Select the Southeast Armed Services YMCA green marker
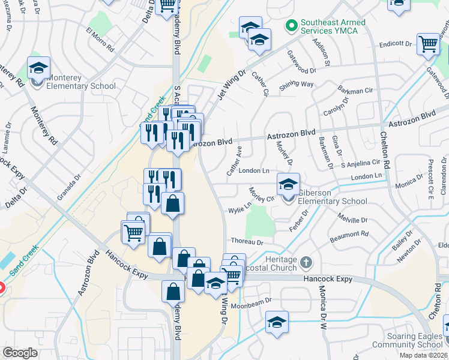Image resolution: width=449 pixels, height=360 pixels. tap(292, 26)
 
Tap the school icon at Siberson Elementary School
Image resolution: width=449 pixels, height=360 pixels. tap(288, 184)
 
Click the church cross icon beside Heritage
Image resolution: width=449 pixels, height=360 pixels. tap(306, 262)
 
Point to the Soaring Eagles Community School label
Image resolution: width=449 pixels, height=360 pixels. tap(408, 340)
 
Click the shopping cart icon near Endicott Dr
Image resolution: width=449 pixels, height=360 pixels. tap(427, 43)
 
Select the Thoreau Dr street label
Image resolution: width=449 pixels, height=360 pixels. tap(247, 241)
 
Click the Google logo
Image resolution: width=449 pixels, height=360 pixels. tap(20, 353)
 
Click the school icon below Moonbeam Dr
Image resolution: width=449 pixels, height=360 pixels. tap(277, 322)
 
